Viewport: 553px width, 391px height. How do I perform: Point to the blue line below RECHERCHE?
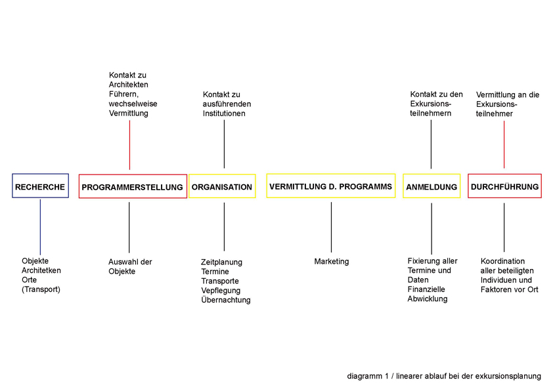40,227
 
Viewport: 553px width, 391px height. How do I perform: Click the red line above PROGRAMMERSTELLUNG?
129,145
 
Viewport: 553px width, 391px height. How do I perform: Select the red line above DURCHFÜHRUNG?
504,144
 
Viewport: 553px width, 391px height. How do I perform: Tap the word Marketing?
332,261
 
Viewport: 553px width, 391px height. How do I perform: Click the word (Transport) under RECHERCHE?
41,289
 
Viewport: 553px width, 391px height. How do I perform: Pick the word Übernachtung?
226,300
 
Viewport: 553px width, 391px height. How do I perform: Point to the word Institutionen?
224,113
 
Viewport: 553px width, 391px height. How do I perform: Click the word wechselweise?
133,104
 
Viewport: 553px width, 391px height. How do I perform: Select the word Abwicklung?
428,298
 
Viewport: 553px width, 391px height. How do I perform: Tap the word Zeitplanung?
221,262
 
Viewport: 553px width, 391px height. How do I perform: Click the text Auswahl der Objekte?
130,266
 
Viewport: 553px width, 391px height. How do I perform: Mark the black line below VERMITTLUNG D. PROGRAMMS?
331,227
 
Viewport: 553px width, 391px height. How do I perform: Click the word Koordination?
502,261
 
